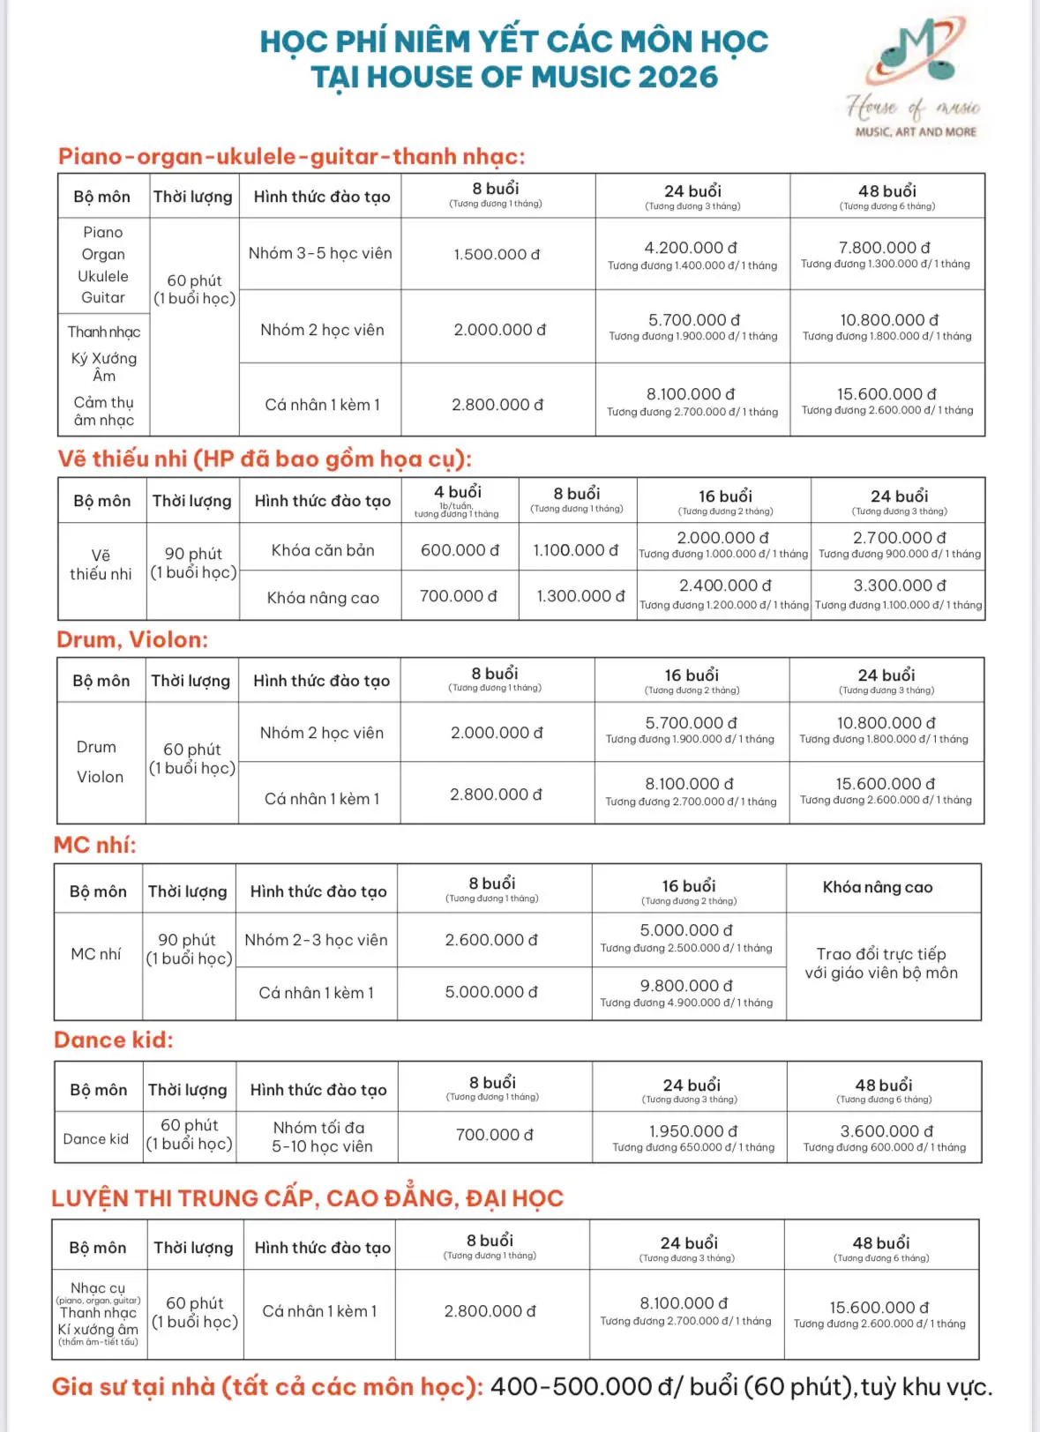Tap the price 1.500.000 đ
pyautogui.click(x=497, y=254)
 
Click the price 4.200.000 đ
pyautogui.click(x=691, y=248)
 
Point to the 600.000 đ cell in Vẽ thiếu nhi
pyautogui.click(x=460, y=550)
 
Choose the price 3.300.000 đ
pyautogui.click(x=899, y=585)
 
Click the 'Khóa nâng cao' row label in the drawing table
pyautogui.click(x=323, y=598)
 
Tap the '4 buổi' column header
pyautogui.click(x=457, y=492)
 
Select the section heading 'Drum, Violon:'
pyautogui.click(x=132, y=639)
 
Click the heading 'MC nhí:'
pyautogui.click(x=95, y=845)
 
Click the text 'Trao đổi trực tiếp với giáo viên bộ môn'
pyautogui.click(x=881, y=964)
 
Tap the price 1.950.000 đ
pyautogui.click(x=693, y=1131)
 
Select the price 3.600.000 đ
pyautogui.click(x=887, y=1131)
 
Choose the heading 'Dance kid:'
pyautogui.click(x=114, y=1040)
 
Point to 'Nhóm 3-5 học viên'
pyautogui.click(x=320, y=253)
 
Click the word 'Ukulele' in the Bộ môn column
pyautogui.click(x=103, y=276)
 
